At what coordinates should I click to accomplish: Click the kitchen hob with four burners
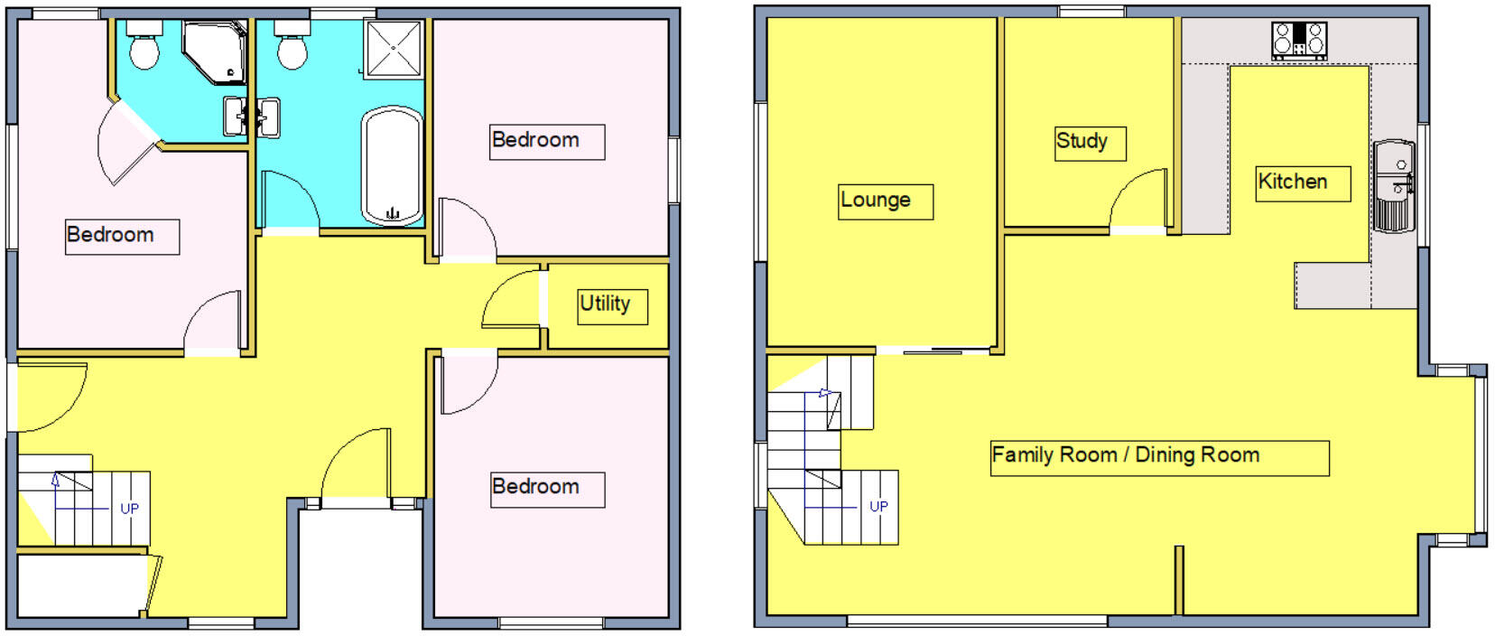click(1299, 41)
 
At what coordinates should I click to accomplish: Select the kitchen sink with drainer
click(1395, 186)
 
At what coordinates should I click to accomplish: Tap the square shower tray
click(394, 48)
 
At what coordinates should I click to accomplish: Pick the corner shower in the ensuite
click(214, 51)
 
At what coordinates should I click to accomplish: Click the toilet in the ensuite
click(144, 47)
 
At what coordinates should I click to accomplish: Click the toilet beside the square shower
click(292, 47)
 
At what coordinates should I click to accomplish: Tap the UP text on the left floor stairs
click(129, 509)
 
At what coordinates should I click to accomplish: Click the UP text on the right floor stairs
click(878, 507)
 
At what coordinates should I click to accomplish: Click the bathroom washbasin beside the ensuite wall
click(268, 117)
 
